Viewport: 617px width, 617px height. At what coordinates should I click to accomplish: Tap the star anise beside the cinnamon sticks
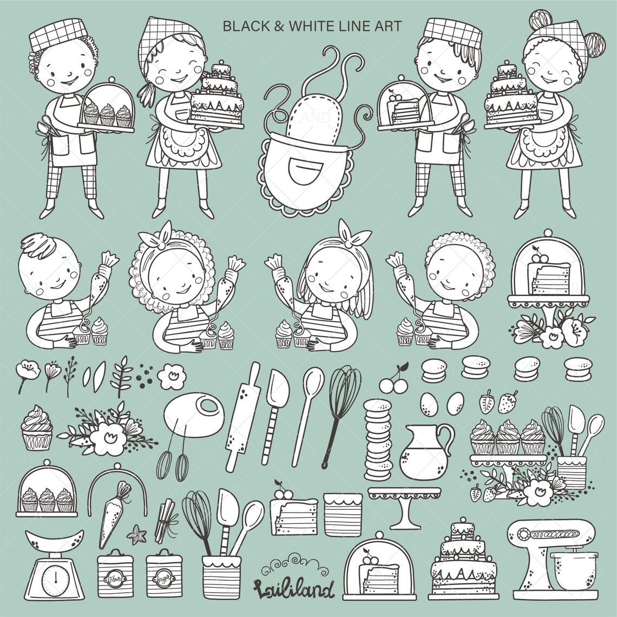click(136, 536)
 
